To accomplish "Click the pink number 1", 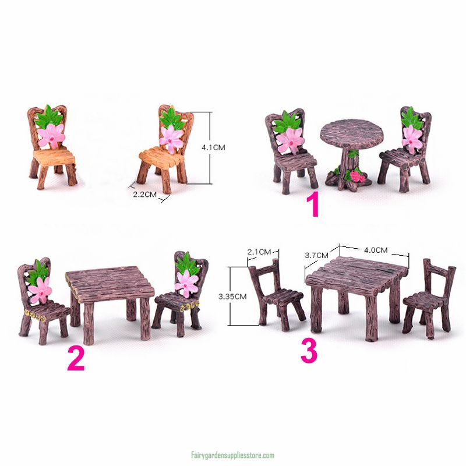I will click(314, 206).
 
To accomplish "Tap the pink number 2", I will click(76, 359).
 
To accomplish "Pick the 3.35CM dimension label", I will click(232, 296).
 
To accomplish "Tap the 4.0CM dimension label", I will click(375, 250).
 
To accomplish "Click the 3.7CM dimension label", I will click(317, 255).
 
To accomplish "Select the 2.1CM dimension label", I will click(259, 252).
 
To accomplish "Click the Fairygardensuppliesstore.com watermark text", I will click(232, 456).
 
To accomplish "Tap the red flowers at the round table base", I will click(356, 175).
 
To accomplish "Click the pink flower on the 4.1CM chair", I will click(171, 136).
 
